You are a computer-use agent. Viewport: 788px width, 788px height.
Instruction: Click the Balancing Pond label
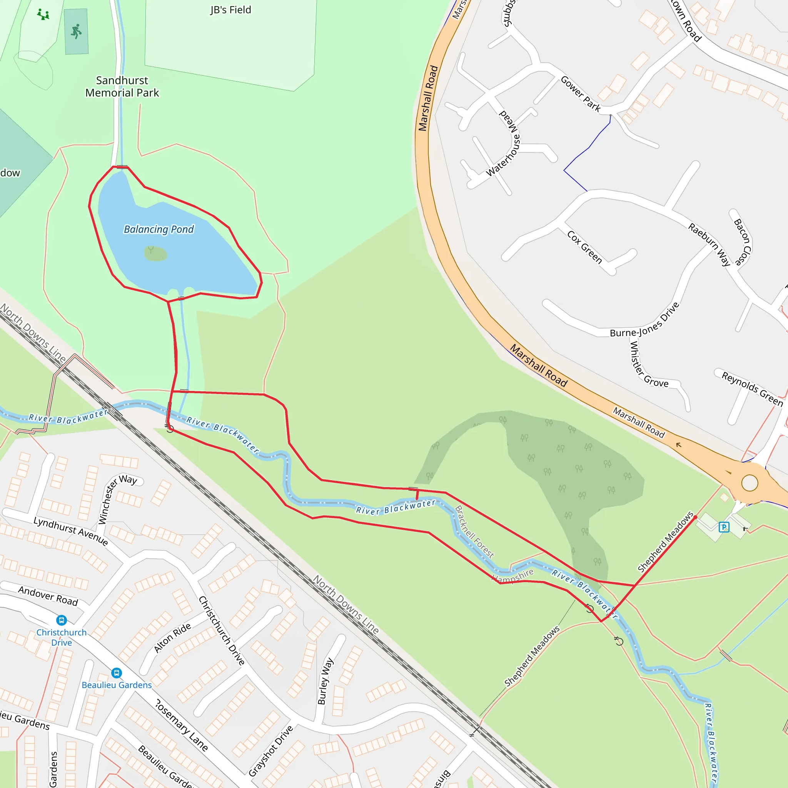(159, 230)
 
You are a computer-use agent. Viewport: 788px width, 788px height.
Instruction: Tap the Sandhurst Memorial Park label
(122, 87)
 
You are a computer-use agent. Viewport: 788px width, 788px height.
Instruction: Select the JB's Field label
(230, 10)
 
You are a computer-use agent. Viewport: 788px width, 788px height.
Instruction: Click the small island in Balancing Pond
(155, 254)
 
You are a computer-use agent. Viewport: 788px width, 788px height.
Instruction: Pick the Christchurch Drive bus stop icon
(61, 620)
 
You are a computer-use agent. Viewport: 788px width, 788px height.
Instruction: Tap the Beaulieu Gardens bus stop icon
(116, 673)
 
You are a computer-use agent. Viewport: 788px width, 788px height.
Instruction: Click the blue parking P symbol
(724, 528)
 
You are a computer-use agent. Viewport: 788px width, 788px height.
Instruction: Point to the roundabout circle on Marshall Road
(749, 483)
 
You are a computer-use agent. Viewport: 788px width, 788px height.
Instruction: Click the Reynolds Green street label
(753, 389)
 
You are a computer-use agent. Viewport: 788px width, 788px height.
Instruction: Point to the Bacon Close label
(742, 242)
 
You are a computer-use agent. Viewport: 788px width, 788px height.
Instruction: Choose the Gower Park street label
(580, 94)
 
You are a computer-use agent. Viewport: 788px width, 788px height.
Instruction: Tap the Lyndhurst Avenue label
(70, 531)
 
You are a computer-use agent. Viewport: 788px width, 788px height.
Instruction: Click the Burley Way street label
(325, 681)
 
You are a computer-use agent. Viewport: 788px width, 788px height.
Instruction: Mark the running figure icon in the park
(76, 32)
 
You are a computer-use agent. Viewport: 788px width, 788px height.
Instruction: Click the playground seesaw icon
(43, 15)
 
